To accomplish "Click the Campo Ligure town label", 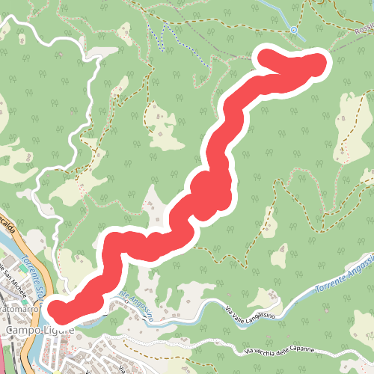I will pyautogui.click(x=37, y=330).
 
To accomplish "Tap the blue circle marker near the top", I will pyautogui.click(x=294, y=31).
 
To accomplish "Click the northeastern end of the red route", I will pyautogui.click(x=317, y=64).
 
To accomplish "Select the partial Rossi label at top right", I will pyautogui.click(x=364, y=29).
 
